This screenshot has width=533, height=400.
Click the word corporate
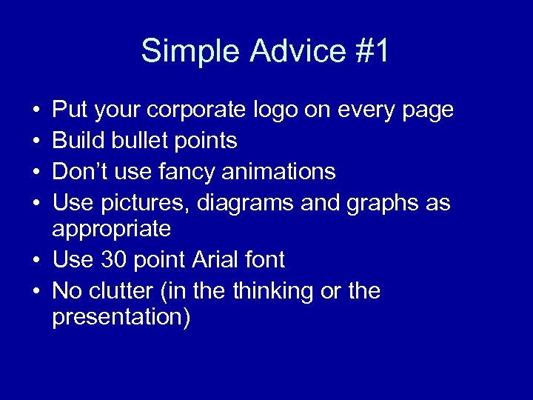click(x=196, y=111)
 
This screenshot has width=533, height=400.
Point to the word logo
click(x=276, y=111)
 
